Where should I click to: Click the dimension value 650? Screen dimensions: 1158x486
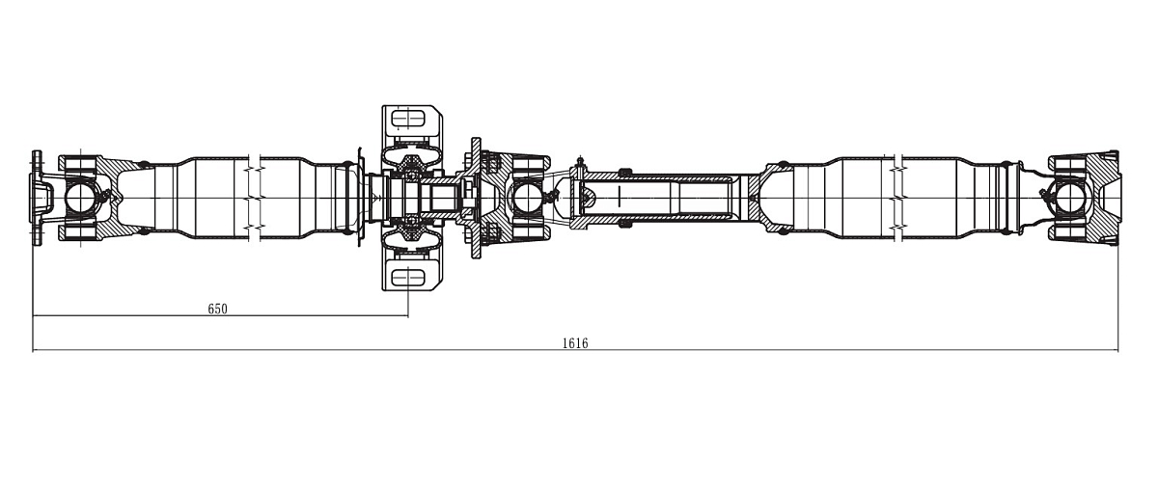pyautogui.click(x=218, y=309)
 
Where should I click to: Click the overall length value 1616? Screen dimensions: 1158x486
pyautogui.click(x=575, y=343)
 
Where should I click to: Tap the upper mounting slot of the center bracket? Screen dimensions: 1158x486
pyautogui.click(x=408, y=119)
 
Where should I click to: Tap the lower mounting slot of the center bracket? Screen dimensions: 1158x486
pyautogui.click(x=408, y=278)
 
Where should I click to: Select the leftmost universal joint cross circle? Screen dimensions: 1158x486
pyautogui.click(x=80, y=198)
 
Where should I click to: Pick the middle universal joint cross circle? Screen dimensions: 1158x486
pyautogui.click(x=526, y=198)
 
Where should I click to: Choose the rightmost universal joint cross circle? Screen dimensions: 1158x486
pyautogui.click(x=1069, y=198)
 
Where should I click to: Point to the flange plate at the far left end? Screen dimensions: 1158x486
pyautogui.click(x=36, y=199)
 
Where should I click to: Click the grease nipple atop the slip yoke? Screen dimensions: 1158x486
pyautogui.click(x=580, y=161)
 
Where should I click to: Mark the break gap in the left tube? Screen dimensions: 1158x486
pyautogui.click(x=255, y=198)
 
